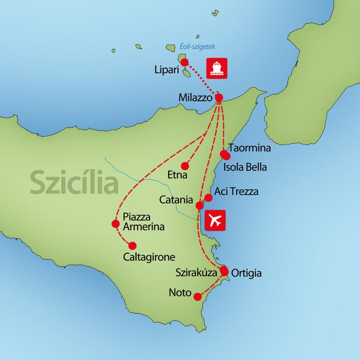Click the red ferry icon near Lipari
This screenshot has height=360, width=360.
point(217,68)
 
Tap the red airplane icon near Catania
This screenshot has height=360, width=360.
point(215,220)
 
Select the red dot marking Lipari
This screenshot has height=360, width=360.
point(184,62)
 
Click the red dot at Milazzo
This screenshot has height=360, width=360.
point(219,97)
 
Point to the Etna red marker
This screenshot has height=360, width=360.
point(184,166)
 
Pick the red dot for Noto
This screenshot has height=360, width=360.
point(197,297)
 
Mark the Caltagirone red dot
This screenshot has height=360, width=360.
point(133,245)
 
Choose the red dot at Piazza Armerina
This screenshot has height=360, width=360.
point(115,223)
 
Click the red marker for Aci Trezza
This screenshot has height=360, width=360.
point(208,197)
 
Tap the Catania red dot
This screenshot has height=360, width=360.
point(199,206)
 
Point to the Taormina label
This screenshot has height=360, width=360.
point(249,149)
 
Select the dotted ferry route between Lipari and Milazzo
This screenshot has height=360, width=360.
point(201,79)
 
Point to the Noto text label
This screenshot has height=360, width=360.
point(180,293)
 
